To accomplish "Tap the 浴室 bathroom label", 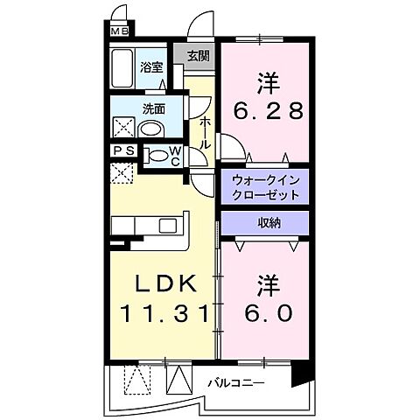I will [153, 66].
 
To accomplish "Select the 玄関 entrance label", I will [199, 55].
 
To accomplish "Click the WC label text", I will [174, 157].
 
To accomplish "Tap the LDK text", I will [163, 284].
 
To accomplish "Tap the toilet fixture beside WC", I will [157, 157].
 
